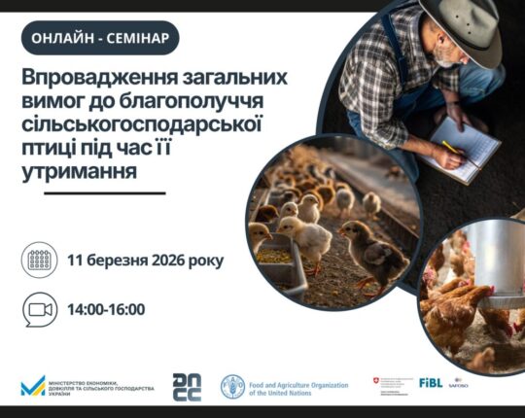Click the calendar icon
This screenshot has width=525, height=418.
39,261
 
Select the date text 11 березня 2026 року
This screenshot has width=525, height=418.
145,261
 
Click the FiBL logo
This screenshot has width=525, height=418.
431,382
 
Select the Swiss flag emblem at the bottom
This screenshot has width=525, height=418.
377,380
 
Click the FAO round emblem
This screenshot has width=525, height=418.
232,386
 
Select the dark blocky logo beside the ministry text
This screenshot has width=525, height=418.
186,386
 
